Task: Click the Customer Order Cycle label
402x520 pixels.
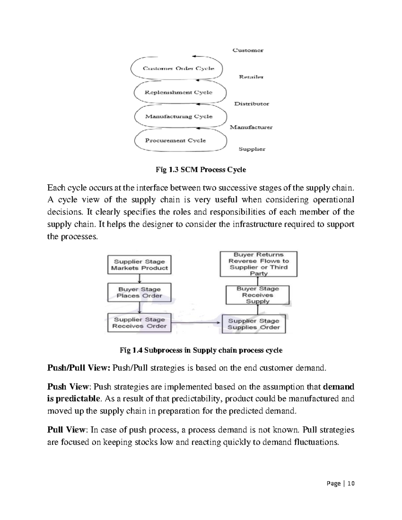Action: (178, 68)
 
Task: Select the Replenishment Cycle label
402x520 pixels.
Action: (178, 92)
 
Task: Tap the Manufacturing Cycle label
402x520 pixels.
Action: (179, 117)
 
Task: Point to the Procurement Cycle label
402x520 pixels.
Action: (175, 140)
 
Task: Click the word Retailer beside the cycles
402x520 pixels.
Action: (251, 77)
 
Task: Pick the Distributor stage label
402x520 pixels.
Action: (251, 104)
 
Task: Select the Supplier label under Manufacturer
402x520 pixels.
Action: (252, 149)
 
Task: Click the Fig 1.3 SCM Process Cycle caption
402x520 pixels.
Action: (201, 170)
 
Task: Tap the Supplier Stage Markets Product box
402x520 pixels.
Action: (139, 265)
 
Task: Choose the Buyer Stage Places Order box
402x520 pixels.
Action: (139, 292)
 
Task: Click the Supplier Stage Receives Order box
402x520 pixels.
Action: (139, 323)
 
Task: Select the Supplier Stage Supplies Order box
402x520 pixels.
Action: (254, 324)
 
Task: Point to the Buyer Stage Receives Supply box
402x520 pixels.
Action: (257, 295)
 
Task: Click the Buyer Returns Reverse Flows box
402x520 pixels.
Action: (258, 264)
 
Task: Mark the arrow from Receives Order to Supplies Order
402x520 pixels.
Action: (196, 323)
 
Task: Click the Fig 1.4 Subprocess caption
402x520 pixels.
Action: (201, 350)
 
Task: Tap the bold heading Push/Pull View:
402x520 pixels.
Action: (78, 368)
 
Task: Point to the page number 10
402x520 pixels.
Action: (351, 483)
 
